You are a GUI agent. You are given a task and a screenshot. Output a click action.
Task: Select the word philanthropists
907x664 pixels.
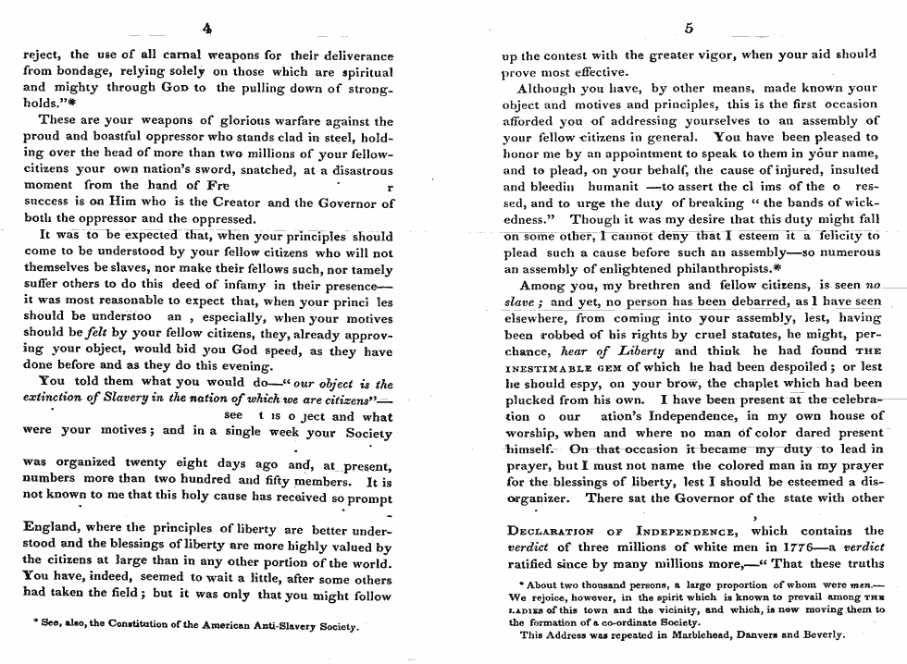687,269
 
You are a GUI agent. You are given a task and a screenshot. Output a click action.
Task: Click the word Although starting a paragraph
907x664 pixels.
548,89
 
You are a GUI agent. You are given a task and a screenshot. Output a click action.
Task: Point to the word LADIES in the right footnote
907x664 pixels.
525,609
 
